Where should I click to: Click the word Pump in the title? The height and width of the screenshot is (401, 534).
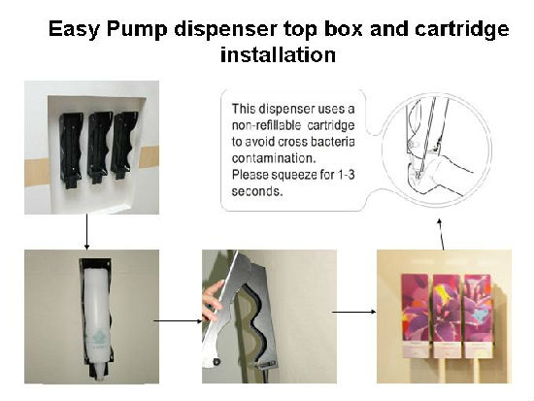[137, 29]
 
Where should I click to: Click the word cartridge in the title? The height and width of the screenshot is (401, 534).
[461, 29]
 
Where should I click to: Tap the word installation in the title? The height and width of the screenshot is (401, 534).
[278, 54]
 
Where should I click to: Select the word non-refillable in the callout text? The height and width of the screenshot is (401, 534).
[266, 125]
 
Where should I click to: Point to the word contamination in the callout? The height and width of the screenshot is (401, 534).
[274, 158]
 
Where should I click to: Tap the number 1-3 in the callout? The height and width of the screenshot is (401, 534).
[346, 175]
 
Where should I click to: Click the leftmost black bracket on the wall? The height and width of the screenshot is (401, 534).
[71, 150]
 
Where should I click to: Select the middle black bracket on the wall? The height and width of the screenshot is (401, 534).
[99, 148]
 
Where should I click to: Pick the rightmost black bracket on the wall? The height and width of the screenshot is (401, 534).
[123, 145]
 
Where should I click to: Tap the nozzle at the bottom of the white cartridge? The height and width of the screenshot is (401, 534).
[99, 371]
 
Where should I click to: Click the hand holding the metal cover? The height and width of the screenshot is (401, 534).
[213, 300]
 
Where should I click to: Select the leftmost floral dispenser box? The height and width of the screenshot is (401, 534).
[415, 316]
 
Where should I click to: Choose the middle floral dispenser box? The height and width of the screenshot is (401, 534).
[447, 316]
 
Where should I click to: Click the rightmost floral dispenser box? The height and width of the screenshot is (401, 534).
[478, 316]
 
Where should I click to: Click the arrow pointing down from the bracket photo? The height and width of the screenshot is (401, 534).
[86, 232]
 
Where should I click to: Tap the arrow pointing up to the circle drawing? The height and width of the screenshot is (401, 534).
[442, 234]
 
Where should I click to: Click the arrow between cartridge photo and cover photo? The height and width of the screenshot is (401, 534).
[178, 320]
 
